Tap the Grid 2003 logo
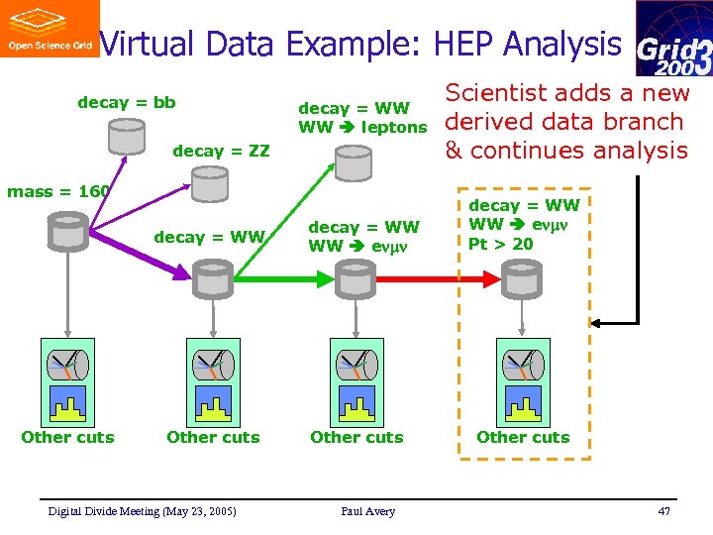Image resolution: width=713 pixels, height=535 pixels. [673, 40]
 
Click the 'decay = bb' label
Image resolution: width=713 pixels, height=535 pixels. [127, 103]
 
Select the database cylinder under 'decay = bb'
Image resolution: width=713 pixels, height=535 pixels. [127, 136]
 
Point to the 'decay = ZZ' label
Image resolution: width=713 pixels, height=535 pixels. [221, 151]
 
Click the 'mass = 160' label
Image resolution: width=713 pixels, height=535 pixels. [57, 191]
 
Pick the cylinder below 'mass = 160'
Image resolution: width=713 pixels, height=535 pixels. [68, 231]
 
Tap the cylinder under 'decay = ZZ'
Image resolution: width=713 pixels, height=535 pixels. [210, 183]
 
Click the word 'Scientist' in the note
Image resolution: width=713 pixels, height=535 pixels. [494, 94]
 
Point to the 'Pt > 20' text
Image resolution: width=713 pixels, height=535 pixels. [501, 244]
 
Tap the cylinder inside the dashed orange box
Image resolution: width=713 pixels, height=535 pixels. [521, 278]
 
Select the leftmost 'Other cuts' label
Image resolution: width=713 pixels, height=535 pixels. [67, 437]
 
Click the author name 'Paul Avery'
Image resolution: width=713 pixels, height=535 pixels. [367, 511]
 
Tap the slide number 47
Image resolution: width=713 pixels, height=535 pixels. [662, 511]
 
